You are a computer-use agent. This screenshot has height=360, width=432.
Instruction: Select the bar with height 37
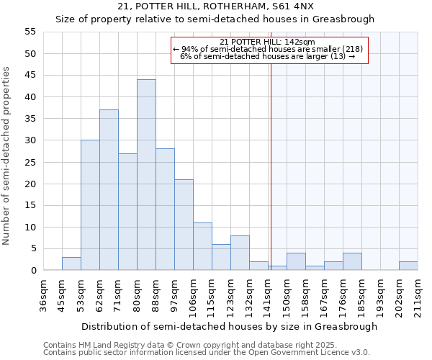coord(109,190)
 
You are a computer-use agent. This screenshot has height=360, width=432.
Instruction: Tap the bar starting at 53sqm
coord(90,205)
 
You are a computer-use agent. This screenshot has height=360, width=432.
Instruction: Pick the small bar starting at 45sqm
coord(71,264)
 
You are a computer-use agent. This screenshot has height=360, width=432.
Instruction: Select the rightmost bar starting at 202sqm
coord(408,266)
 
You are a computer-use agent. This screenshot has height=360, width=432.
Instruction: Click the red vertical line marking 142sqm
coord(271,180)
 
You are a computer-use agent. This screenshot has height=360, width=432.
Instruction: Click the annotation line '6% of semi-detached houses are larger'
coord(267,56)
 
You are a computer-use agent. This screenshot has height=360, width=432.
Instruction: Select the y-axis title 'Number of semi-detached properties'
coord(7,156)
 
